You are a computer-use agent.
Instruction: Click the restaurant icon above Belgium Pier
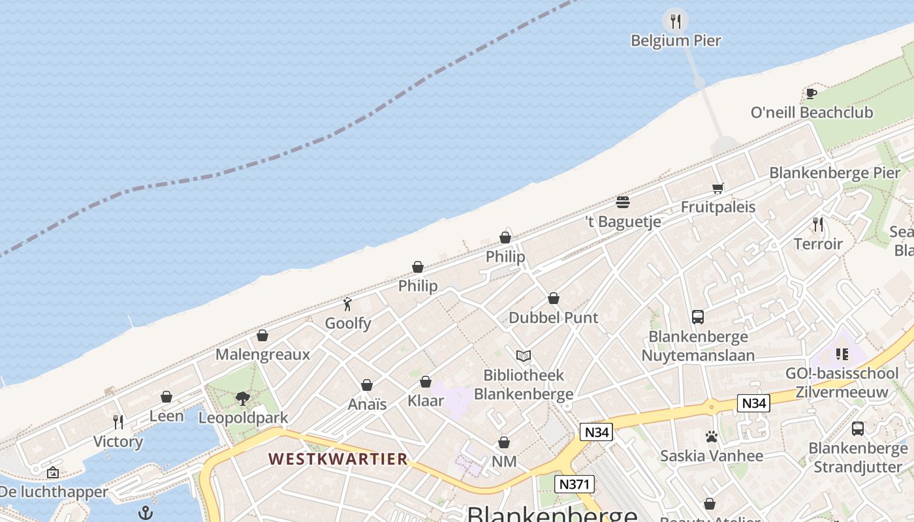click(676, 22)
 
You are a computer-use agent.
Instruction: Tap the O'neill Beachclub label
click(812, 112)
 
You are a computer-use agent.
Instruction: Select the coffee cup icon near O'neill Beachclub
click(812, 93)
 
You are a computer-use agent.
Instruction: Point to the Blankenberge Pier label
click(834, 173)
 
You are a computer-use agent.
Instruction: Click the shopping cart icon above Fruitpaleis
click(717, 189)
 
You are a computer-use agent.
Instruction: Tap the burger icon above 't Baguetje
click(623, 202)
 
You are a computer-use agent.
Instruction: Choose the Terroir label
click(818, 244)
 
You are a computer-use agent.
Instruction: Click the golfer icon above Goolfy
click(347, 304)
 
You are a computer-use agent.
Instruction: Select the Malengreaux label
click(262, 354)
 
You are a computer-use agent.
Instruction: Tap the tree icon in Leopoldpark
click(243, 398)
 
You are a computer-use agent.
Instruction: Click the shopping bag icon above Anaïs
click(367, 385)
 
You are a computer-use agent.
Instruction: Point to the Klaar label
click(426, 401)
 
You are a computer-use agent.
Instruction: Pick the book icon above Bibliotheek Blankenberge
click(523, 356)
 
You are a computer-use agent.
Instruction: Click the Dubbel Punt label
click(553, 318)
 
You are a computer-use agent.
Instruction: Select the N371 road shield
click(575, 484)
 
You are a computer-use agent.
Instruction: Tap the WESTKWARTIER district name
click(338, 459)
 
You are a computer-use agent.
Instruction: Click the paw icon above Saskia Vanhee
click(711, 437)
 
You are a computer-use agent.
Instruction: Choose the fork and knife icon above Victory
click(118, 422)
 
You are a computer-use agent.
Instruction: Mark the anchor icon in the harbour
click(146, 513)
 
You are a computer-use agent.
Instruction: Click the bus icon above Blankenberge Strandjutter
click(858, 429)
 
